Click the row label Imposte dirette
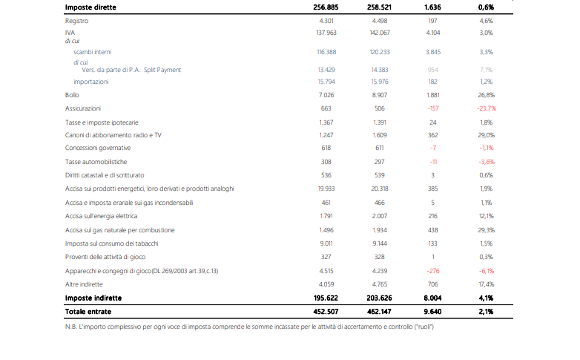(x=90, y=7)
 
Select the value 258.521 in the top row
(x=379, y=7)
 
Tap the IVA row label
(x=70, y=33)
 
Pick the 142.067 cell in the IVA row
(x=380, y=33)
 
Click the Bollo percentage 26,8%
(x=486, y=95)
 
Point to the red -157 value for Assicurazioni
(x=433, y=108)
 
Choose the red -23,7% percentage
(x=487, y=108)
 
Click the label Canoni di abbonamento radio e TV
(x=113, y=135)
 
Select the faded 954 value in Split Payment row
(x=433, y=70)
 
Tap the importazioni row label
(x=91, y=82)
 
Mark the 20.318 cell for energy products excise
(x=380, y=189)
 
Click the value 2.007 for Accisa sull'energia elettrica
(x=380, y=216)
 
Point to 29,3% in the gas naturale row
(x=486, y=230)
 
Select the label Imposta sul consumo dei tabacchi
(x=111, y=243)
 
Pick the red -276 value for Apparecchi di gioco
(x=433, y=271)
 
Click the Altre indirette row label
(x=84, y=284)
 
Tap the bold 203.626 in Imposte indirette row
(x=379, y=298)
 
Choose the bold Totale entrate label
(x=88, y=312)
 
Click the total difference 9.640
(x=433, y=312)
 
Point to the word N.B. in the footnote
(x=70, y=327)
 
